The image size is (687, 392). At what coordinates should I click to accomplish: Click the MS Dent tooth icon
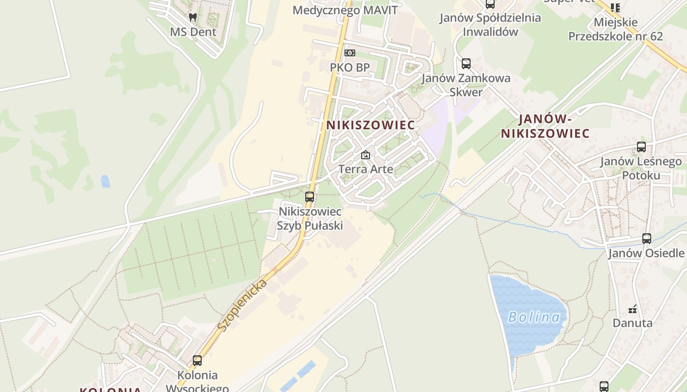pos(193,17)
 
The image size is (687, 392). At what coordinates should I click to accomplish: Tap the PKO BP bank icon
pos(349,52)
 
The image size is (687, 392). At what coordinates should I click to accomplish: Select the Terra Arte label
pos(366,169)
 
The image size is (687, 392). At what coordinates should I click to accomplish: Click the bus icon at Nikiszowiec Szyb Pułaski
pos(310,197)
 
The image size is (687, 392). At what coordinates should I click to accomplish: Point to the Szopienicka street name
pos(242,305)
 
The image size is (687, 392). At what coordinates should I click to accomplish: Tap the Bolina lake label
pos(534,317)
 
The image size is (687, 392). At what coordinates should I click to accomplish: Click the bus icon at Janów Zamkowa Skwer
pos(466,63)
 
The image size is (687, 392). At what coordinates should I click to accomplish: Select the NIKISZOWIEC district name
pos(370,125)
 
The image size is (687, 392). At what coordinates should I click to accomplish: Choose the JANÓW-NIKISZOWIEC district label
pos(545,126)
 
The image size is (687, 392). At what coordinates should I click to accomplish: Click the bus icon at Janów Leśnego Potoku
pos(641,147)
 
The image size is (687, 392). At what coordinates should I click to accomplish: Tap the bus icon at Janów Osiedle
pos(647,239)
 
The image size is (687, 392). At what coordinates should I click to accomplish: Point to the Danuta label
pos(632,323)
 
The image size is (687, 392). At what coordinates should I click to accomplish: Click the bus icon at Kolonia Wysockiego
pos(197,361)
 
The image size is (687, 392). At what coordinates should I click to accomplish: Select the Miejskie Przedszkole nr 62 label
pos(615,29)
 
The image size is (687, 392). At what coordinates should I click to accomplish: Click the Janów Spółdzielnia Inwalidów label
pos(490,25)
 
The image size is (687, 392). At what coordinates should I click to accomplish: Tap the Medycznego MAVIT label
pos(345,10)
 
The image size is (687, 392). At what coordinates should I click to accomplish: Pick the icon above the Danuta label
pos(633,309)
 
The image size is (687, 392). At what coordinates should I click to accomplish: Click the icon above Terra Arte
pos(365,155)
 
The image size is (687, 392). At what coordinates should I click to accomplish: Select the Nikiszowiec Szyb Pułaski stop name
pos(310,219)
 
